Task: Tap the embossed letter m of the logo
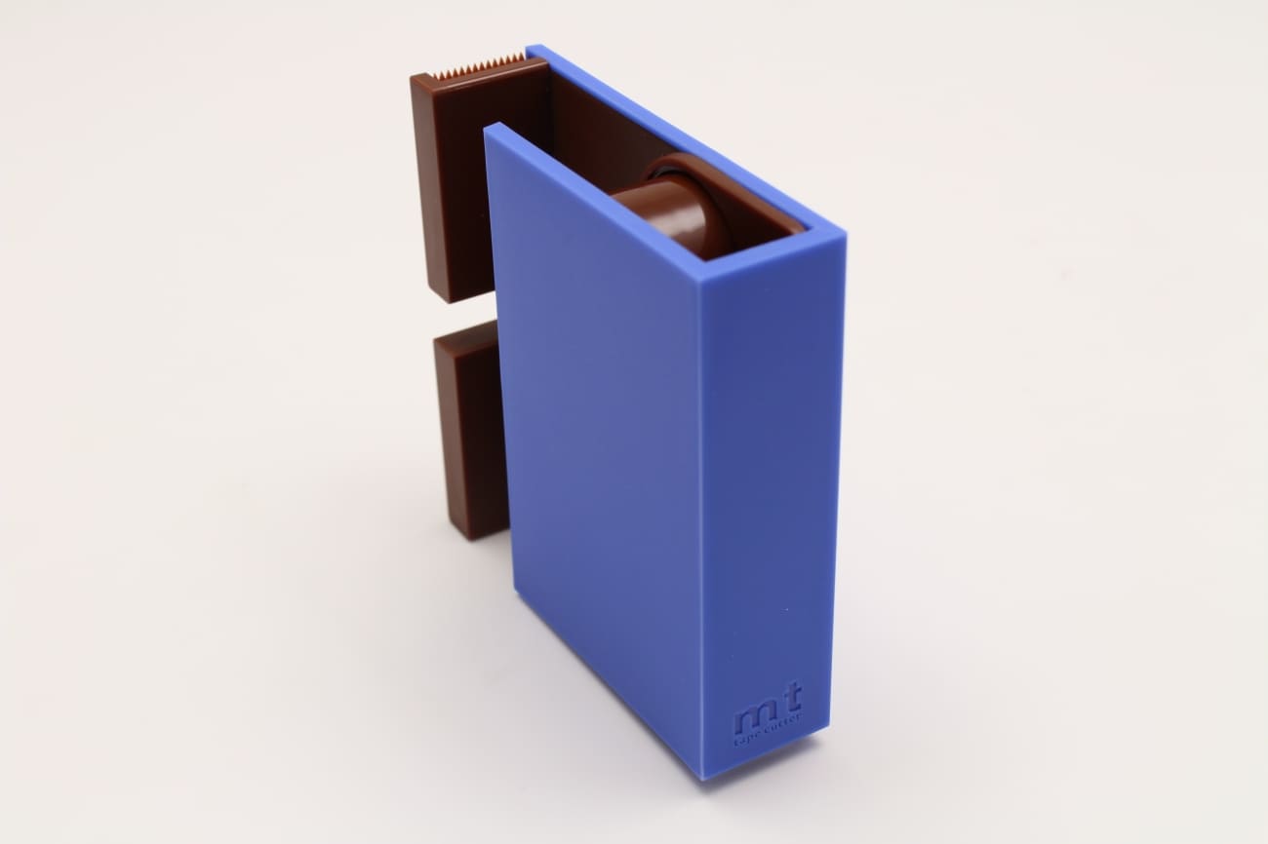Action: tap(752, 721)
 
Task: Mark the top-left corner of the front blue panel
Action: tap(488, 128)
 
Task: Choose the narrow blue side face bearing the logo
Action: tap(771, 487)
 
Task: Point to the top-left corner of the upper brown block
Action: tap(413, 78)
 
